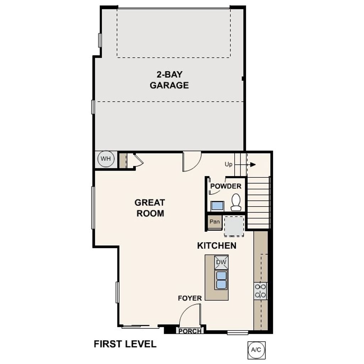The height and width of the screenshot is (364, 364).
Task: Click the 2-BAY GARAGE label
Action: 169,80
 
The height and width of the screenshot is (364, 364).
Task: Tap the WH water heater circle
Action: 106,159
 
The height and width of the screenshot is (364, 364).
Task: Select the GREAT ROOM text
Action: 149,208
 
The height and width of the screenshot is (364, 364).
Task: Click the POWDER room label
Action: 226,186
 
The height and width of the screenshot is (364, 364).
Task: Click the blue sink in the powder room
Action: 217,206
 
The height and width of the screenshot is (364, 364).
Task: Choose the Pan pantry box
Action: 215,222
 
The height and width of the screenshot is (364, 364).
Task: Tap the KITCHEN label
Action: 216,246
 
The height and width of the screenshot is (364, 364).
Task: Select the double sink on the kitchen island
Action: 221,280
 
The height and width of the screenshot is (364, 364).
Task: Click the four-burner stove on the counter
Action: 261,290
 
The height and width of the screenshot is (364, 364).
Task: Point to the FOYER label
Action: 190,298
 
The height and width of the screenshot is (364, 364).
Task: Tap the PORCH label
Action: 190,331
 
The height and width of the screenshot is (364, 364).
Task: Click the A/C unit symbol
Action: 256,350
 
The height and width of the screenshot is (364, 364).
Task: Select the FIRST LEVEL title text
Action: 125,344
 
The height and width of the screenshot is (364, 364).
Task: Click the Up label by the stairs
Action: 229,165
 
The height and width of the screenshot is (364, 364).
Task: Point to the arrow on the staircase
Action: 252,165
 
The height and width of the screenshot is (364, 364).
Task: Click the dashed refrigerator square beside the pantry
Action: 234,226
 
